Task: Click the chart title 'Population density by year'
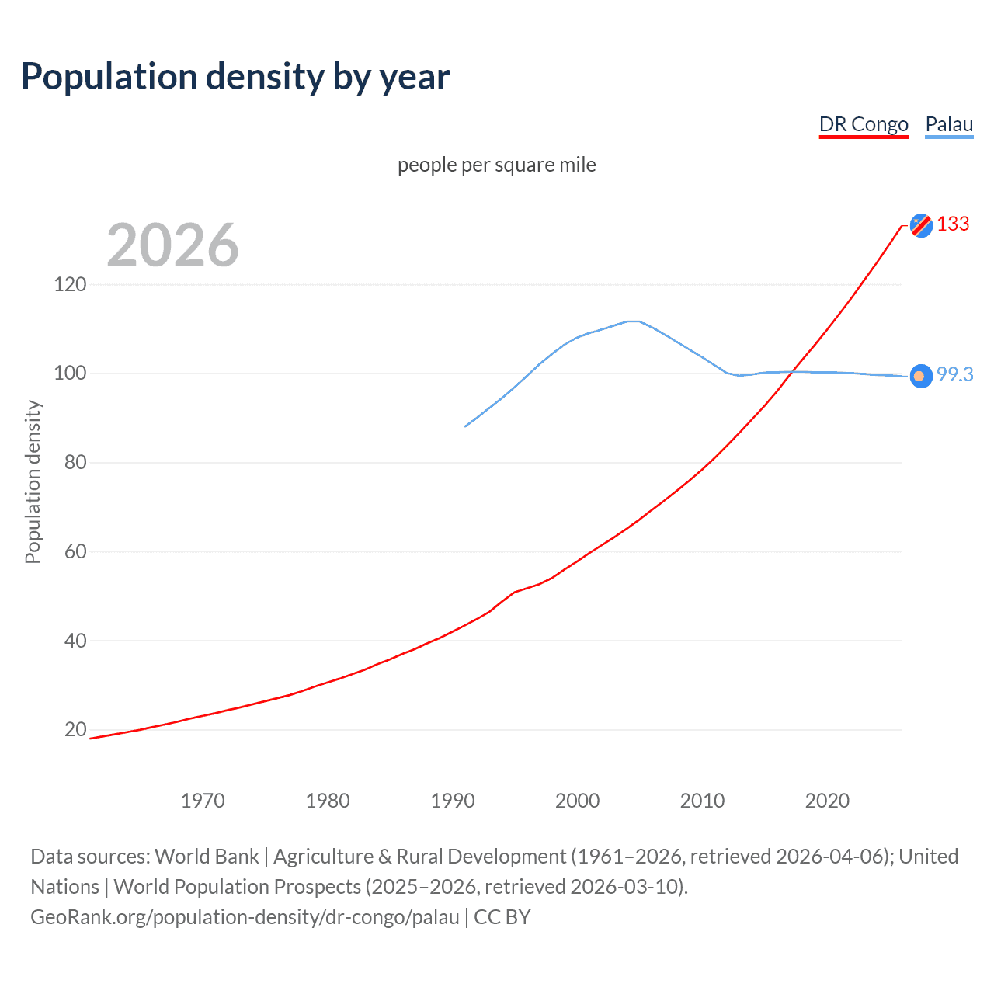click(x=235, y=77)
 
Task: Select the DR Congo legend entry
click(x=864, y=124)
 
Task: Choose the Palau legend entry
click(x=949, y=124)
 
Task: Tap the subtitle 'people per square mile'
click(x=496, y=165)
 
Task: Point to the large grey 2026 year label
click(x=172, y=245)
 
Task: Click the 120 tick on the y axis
click(x=70, y=284)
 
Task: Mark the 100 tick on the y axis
click(x=70, y=374)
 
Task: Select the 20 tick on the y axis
click(x=75, y=729)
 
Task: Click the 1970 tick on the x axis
click(x=203, y=801)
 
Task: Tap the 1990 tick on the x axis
click(x=453, y=801)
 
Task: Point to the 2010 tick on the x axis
click(x=702, y=801)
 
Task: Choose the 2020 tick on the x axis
click(x=827, y=801)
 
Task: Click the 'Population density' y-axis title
click(x=33, y=481)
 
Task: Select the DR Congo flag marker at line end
click(x=921, y=225)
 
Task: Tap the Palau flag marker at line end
click(x=921, y=377)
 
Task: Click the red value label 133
click(x=953, y=224)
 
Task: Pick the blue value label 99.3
click(x=954, y=374)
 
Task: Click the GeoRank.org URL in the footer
click(x=245, y=917)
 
